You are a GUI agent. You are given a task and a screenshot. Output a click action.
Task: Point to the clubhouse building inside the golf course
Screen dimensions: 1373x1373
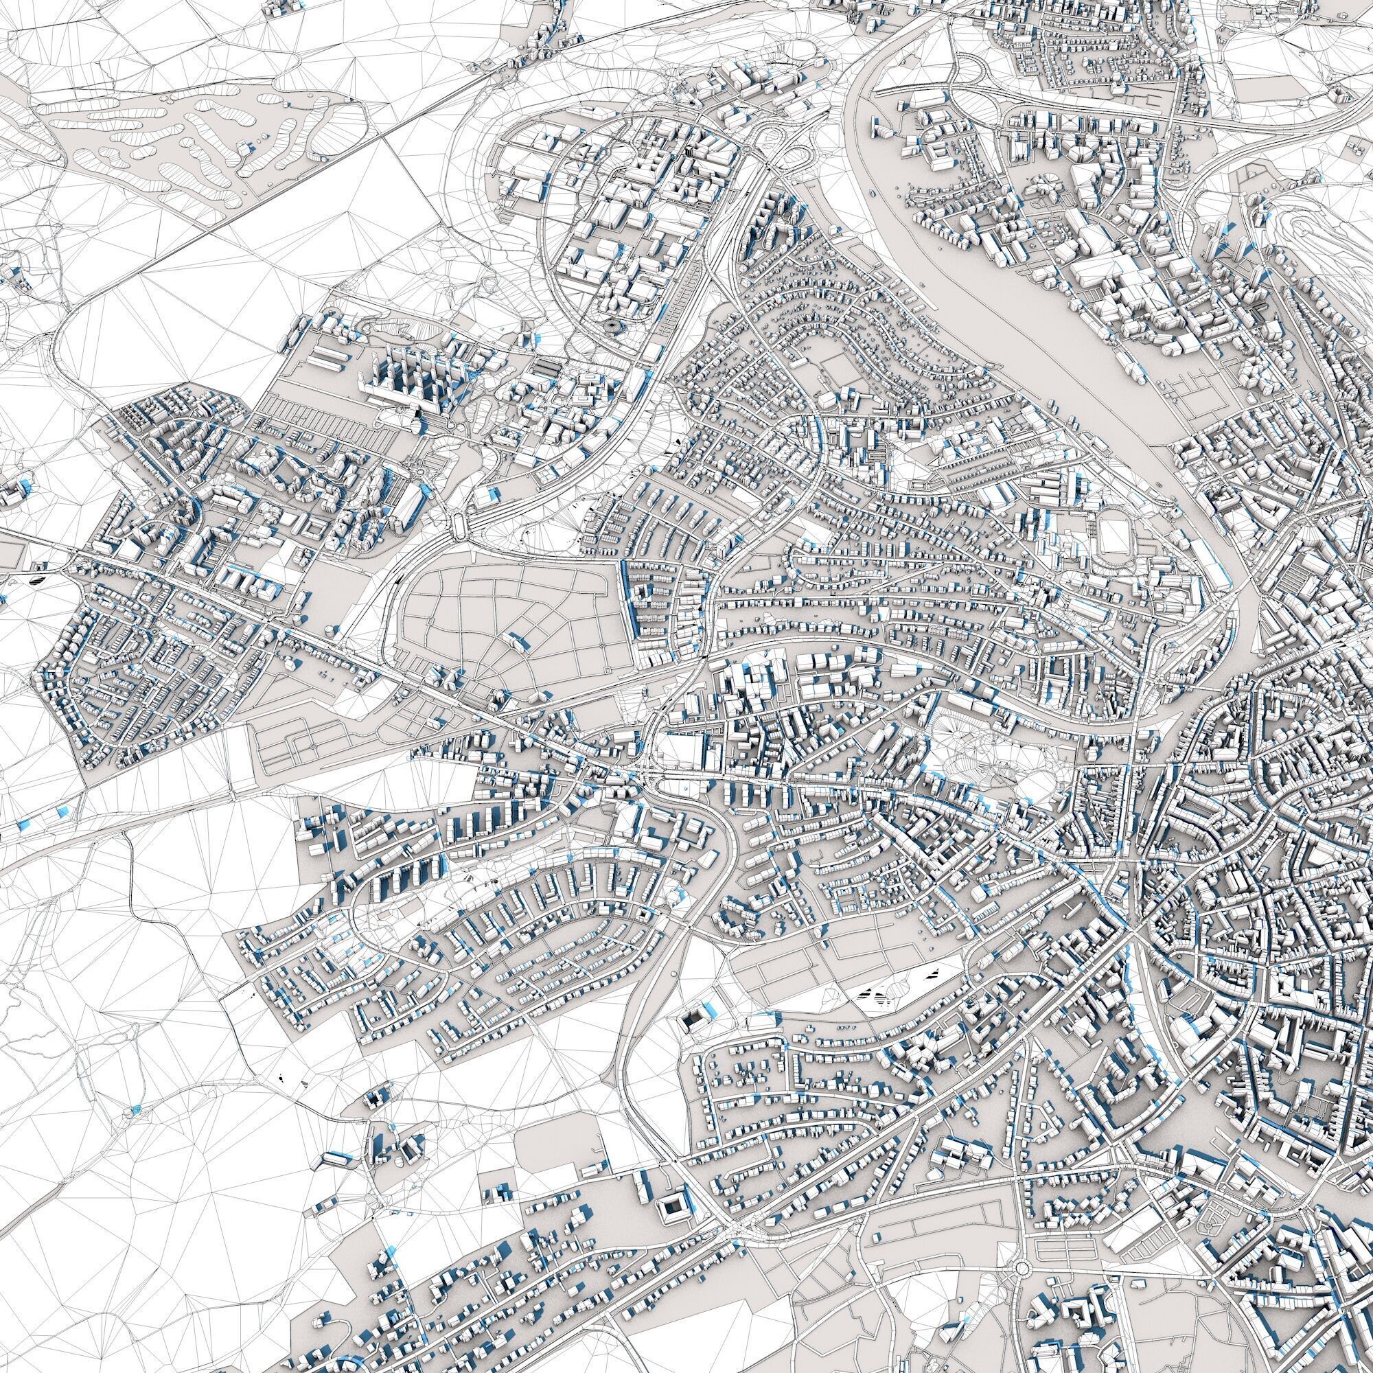245,148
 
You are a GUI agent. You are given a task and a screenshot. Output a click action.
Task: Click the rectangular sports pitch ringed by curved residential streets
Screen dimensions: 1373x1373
839,371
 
